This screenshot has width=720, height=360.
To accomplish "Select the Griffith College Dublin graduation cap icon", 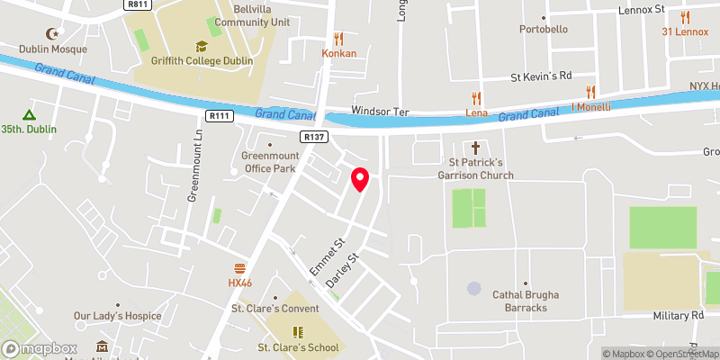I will pyautogui.click(x=201, y=46).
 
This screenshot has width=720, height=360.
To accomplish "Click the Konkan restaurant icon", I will pyautogui.click(x=339, y=38).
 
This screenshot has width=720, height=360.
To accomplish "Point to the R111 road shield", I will pyautogui.click(x=218, y=116).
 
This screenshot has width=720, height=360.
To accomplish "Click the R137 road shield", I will pyautogui.click(x=315, y=137).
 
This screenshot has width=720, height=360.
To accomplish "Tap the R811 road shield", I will pyautogui.click(x=137, y=4).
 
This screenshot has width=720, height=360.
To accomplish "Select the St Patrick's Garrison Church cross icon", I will pyautogui.click(x=475, y=148).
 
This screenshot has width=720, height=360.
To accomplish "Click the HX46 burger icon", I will pyautogui.click(x=239, y=267).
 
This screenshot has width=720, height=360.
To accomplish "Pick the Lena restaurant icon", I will pyautogui.click(x=476, y=97).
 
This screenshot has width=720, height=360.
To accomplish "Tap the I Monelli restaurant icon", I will pyautogui.click(x=591, y=91).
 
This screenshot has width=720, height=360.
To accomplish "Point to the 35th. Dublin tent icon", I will pyautogui.click(x=29, y=114).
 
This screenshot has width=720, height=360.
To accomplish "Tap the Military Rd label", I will pyautogui.click(x=679, y=316).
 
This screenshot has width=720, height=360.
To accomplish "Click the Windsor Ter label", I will pyautogui.click(x=380, y=112).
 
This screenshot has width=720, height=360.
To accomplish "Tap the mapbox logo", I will pyautogui.click(x=40, y=348).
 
